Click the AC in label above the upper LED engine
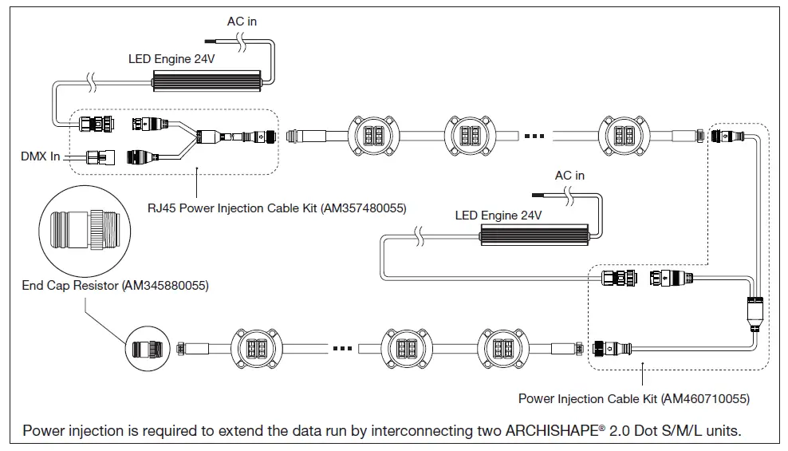pyautogui.click(x=242, y=22)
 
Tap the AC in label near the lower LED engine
pyautogui.click(x=569, y=175)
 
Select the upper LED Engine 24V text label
pyautogui.click(x=171, y=60)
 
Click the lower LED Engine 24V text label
pyautogui.click(x=498, y=215)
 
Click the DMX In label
pyautogui.click(x=40, y=156)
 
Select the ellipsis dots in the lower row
pyautogui.click(x=344, y=349)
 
